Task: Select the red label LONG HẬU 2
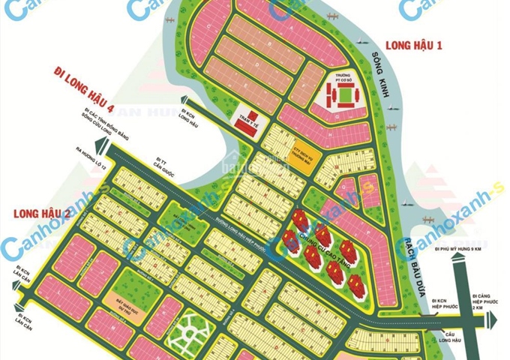coord(42,213)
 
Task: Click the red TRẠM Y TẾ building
coord(248,121)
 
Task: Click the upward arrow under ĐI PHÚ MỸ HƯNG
coord(472,276)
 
